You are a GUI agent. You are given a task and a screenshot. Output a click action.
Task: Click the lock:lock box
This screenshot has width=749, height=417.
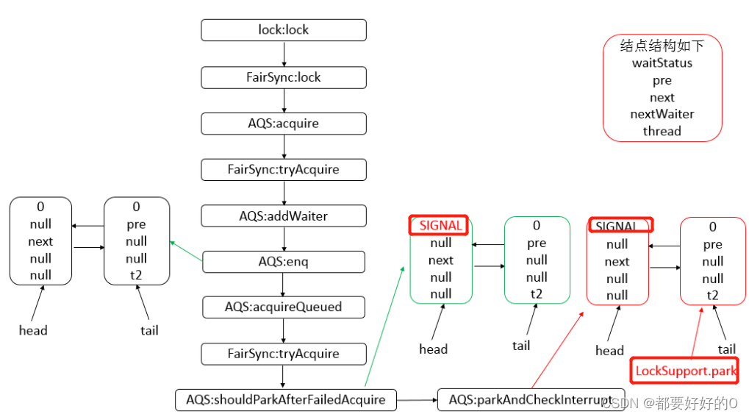tap(284, 30)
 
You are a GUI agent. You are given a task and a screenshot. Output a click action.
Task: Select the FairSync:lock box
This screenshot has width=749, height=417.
tap(284, 77)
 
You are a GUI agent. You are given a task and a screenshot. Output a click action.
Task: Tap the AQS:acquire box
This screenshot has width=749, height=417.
tap(284, 124)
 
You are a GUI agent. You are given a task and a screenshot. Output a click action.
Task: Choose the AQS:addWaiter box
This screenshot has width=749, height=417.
tap(284, 216)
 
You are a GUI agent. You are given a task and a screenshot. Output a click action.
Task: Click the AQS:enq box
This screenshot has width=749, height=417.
tap(284, 262)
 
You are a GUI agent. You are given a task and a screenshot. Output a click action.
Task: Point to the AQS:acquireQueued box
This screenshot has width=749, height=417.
tap(284, 307)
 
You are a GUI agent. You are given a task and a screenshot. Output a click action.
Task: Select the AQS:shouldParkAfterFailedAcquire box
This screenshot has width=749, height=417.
tap(285, 400)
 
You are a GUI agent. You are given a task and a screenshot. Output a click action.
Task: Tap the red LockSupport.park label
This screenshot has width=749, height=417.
tap(685, 371)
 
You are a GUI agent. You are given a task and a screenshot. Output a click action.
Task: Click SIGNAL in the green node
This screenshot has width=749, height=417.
tap(440, 225)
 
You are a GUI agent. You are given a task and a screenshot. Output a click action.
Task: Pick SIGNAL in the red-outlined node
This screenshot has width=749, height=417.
tap(620, 225)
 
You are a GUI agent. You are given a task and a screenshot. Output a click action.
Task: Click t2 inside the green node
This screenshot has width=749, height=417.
tap(537, 294)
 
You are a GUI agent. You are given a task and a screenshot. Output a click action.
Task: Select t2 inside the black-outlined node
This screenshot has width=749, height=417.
tap(136, 276)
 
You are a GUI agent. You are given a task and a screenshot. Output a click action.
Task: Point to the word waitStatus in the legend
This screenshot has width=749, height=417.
tap(662, 63)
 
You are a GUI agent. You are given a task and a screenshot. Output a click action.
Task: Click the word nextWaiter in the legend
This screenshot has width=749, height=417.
tap(662, 114)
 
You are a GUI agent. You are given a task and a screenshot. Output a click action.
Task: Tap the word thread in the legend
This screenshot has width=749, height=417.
tap(662, 131)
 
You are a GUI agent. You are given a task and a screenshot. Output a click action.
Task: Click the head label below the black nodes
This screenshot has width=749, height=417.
tap(33, 330)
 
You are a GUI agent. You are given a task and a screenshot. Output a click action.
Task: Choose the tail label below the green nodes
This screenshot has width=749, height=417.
tap(521, 345)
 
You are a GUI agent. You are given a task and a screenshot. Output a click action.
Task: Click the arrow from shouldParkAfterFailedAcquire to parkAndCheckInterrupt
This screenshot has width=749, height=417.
tap(416, 400)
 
